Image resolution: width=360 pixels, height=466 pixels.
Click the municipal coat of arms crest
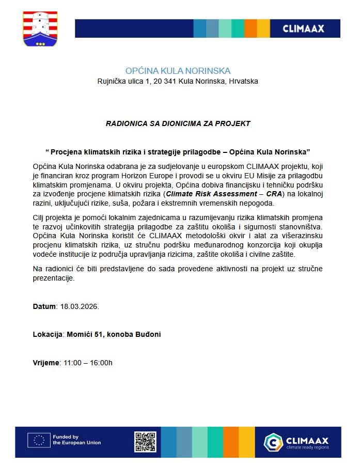pos(40,28)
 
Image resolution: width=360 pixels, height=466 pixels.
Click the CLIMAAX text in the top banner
pos(303,29)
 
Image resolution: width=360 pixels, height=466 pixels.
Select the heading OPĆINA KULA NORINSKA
pos(178,71)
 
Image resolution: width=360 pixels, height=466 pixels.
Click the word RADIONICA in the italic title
pos(124,123)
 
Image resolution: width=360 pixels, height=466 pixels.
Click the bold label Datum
pos(44,306)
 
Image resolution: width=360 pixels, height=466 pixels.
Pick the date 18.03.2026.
pos(80,306)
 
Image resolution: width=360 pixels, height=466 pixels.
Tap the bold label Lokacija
pos(48,334)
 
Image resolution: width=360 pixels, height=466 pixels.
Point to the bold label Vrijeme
pos(46,362)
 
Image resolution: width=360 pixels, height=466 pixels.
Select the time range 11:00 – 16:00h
pos(88,362)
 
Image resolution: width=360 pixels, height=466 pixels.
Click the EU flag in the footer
pos(39,440)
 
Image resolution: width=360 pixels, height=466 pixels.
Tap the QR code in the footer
pos(145,442)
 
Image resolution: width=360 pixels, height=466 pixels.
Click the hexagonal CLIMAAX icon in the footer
pos(273,442)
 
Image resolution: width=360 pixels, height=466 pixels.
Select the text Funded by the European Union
pos(76,440)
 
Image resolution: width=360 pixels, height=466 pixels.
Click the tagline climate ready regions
pos(307,447)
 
